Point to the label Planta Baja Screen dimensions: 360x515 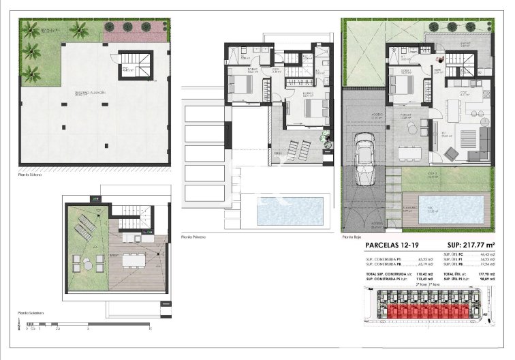point(351,237)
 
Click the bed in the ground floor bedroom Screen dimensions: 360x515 point(401,86)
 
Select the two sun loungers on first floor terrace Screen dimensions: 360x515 point(297,146)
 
